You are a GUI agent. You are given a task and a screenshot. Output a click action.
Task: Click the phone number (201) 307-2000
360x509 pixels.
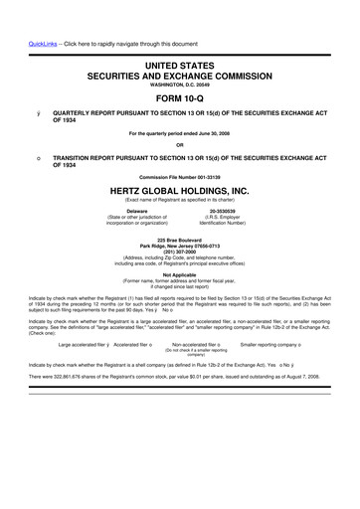[179, 252]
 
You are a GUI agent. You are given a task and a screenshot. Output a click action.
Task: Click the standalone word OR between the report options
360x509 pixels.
[179, 147]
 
